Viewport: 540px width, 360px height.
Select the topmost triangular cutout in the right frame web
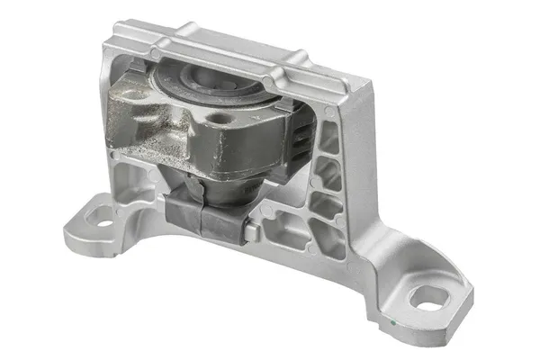point(328,135)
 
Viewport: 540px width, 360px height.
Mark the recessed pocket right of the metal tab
point(279,232)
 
